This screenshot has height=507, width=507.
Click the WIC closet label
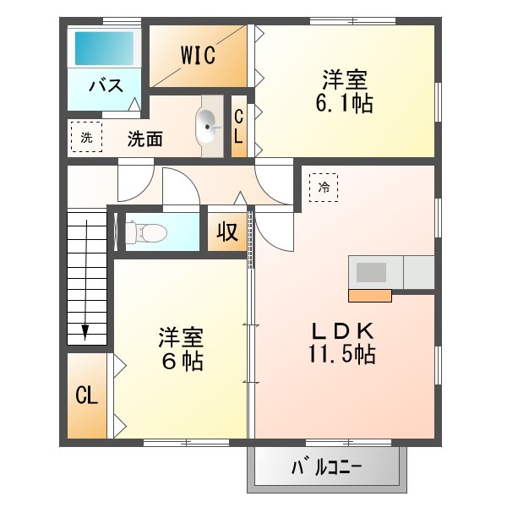click(198, 55)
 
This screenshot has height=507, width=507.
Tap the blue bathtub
click(104, 48)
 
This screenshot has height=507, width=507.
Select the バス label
click(106, 85)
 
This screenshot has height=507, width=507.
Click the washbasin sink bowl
click(205, 126)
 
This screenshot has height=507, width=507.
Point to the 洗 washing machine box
click(87, 137)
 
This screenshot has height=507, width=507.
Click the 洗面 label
click(144, 139)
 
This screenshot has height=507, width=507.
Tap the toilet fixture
click(146, 232)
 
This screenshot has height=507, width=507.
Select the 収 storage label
click(227, 232)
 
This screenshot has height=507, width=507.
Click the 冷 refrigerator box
click(324, 188)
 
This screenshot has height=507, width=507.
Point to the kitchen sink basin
click(371, 272)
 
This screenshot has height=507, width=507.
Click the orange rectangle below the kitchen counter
click(370, 296)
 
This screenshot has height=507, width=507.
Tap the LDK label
click(342, 330)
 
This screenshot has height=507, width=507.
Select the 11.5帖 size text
click(341, 354)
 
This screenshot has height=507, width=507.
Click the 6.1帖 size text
click(344, 103)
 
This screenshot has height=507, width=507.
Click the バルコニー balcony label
click(326, 467)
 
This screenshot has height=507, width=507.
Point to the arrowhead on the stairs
click(85, 332)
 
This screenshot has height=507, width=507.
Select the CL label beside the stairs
click(87, 395)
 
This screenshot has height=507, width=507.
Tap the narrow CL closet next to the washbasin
click(239, 126)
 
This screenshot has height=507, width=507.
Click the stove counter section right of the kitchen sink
click(419, 272)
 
